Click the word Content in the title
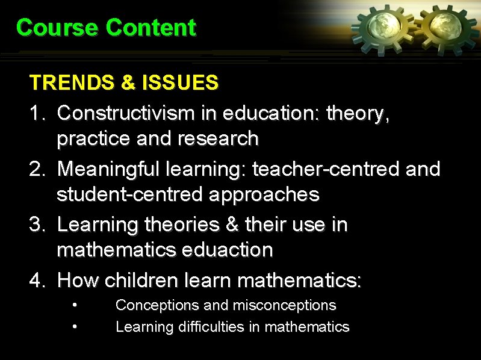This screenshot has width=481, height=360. coord(151,28)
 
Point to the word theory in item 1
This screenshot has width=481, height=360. coord(358,114)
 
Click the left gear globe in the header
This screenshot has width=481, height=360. coord(382,26)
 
